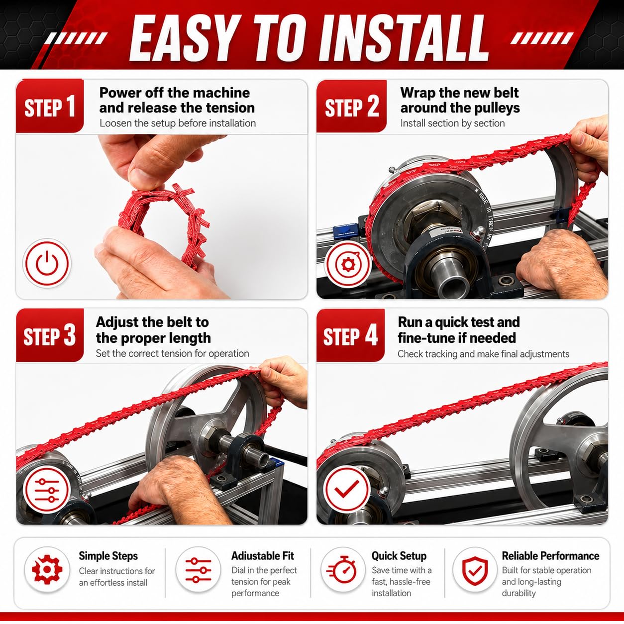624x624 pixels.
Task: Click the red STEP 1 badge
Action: pos(50,106)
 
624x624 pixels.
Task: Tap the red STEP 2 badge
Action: pos(351,106)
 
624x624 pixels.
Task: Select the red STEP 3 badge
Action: pos(50,335)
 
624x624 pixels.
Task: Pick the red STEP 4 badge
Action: pos(350,335)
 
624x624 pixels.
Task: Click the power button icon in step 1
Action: pos(47,263)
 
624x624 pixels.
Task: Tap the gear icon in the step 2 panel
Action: pos(348,264)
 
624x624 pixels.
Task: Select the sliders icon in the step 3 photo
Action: pos(47,490)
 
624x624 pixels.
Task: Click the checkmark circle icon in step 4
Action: pos(347,489)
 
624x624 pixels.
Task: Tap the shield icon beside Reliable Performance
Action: pos(475,570)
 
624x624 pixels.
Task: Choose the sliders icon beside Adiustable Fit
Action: pos(198,570)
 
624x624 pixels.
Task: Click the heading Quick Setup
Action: pos(399,556)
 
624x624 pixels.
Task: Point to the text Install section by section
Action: pos(452,123)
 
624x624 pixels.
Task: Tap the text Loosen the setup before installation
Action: pos(178,123)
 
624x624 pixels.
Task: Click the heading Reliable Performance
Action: pos(550,556)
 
